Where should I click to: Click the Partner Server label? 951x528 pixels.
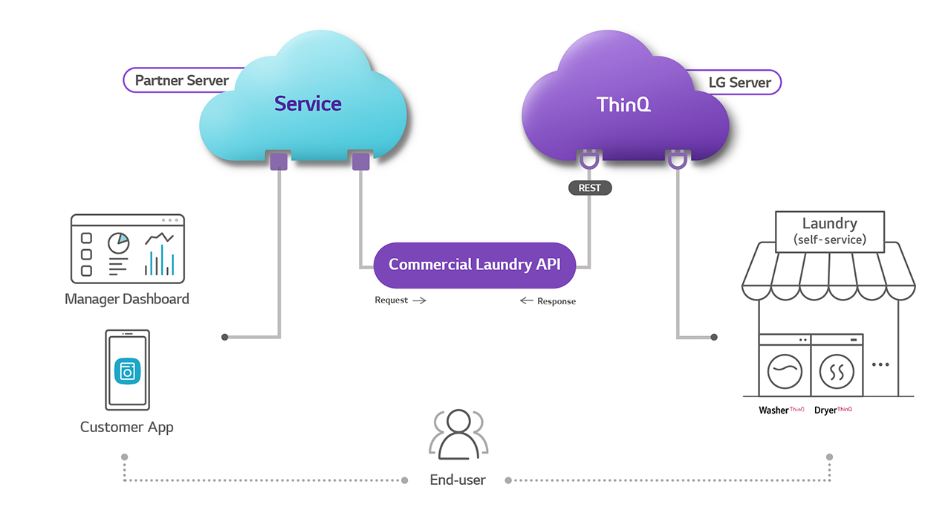click(182, 80)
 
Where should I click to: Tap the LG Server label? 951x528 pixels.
click(739, 83)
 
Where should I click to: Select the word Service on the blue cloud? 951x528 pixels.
click(308, 103)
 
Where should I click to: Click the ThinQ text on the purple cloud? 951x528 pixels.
click(623, 105)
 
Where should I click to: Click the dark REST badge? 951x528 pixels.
click(590, 188)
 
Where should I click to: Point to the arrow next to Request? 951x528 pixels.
click(420, 300)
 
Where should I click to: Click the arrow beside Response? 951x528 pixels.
click(527, 301)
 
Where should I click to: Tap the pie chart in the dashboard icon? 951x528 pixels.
click(118, 242)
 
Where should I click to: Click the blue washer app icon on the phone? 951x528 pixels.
click(127, 371)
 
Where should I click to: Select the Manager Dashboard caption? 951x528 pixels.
click(127, 299)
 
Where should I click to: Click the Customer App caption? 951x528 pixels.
click(126, 427)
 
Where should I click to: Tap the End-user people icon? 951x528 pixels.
click(458, 434)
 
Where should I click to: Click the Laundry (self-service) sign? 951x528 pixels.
click(830, 232)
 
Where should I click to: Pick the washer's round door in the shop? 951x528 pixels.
click(785, 372)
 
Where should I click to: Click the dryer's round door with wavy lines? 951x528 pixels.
click(837, 372)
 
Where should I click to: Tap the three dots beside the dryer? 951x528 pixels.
click(880, 364)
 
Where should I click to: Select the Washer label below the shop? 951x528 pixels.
click(773, 411)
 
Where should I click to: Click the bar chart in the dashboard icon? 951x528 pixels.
click(159, 260)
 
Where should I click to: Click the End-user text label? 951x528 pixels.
click(458, 480)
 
